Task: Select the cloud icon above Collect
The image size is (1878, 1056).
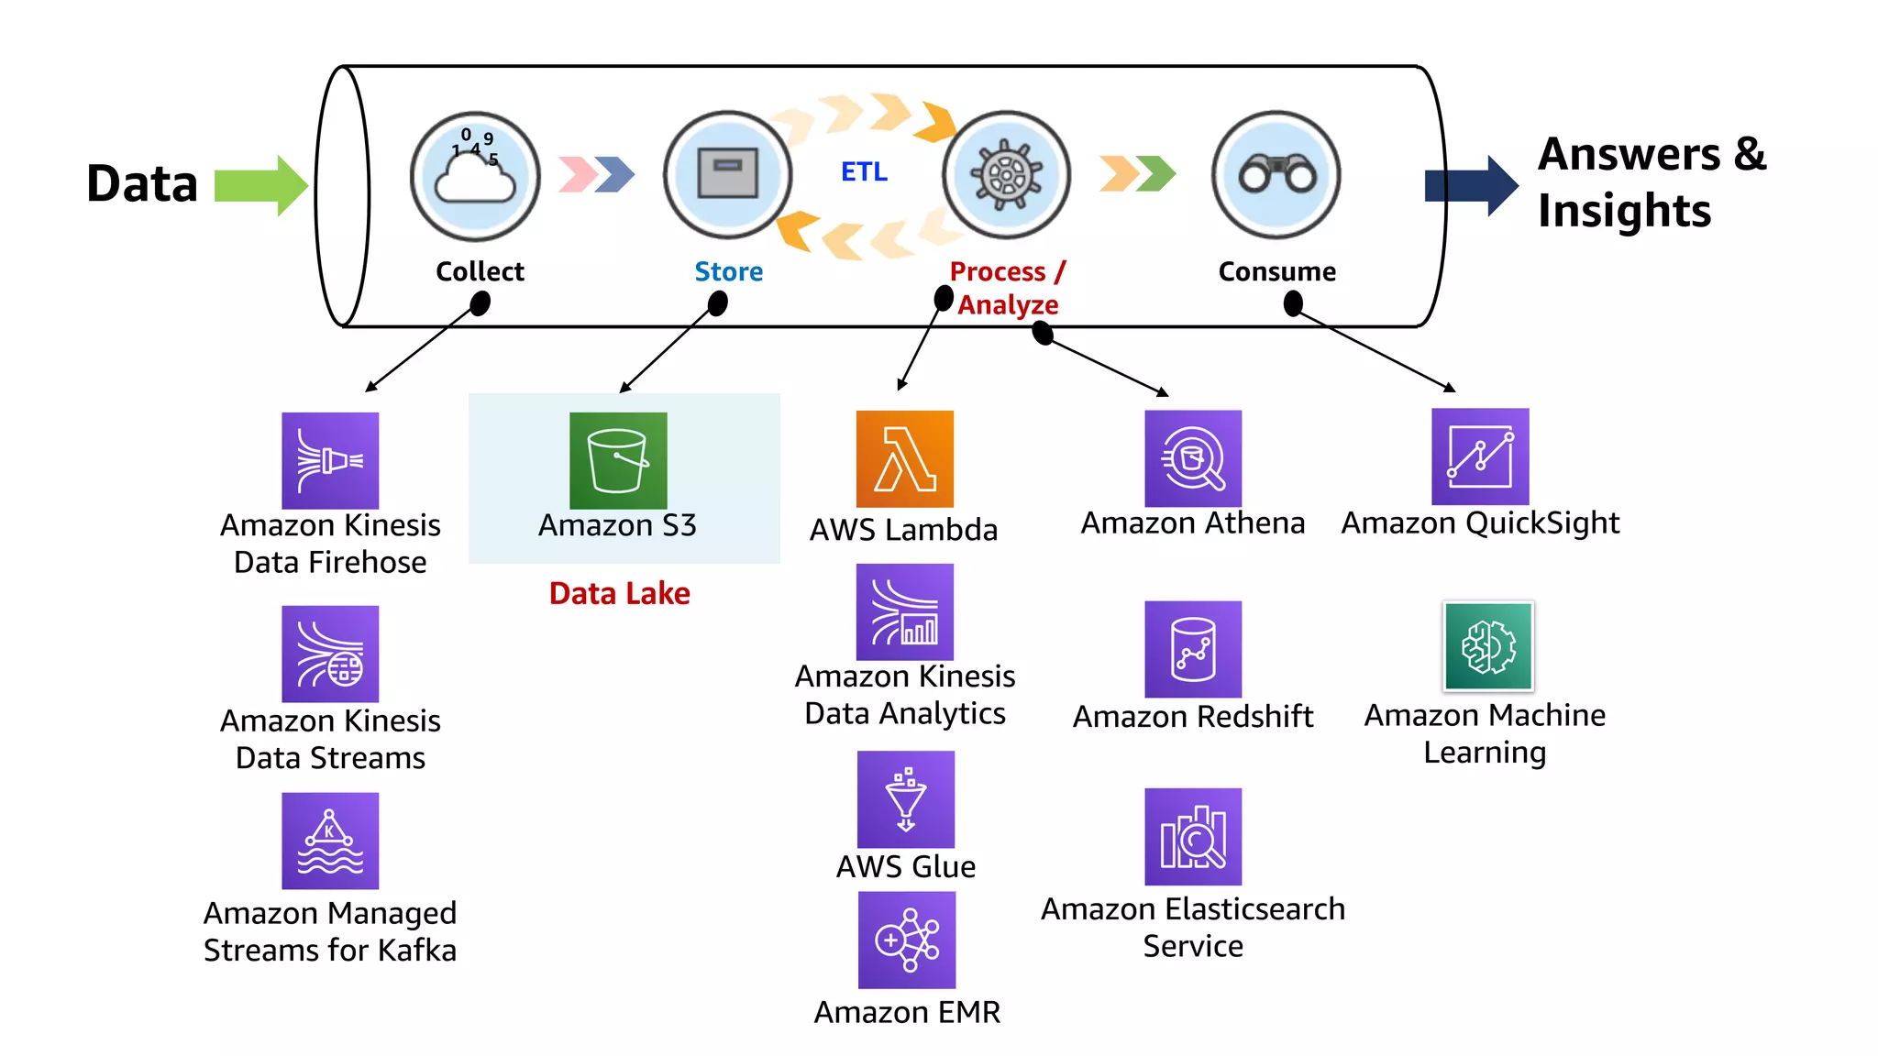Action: (475, 176)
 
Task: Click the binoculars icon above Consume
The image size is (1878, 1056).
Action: (1276, 174)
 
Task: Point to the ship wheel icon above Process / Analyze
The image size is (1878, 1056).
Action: (1007, 174)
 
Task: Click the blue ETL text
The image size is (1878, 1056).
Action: (864, 172)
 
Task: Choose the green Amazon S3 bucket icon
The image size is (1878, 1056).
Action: (618, 460)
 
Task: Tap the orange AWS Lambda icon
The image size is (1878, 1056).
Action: (904, 458)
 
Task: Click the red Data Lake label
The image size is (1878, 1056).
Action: (619, 593)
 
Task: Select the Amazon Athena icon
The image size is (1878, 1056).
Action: (1192, 458)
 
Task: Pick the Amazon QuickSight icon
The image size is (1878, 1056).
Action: (1480, 456)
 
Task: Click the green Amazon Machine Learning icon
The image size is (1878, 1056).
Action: (1487, 646)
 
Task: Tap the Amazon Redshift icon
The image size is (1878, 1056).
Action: (1192, 649)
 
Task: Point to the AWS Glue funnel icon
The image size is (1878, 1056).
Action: (905, 799)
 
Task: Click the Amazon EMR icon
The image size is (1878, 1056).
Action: (906, 940)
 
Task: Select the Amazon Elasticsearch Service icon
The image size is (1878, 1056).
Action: (1192, 836)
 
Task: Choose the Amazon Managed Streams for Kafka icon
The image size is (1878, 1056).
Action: (330, 841)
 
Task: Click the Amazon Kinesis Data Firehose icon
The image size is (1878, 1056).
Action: (330, 460)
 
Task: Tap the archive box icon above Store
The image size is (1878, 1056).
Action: (727, 173)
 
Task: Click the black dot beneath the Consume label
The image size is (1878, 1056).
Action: (1293, 303)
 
